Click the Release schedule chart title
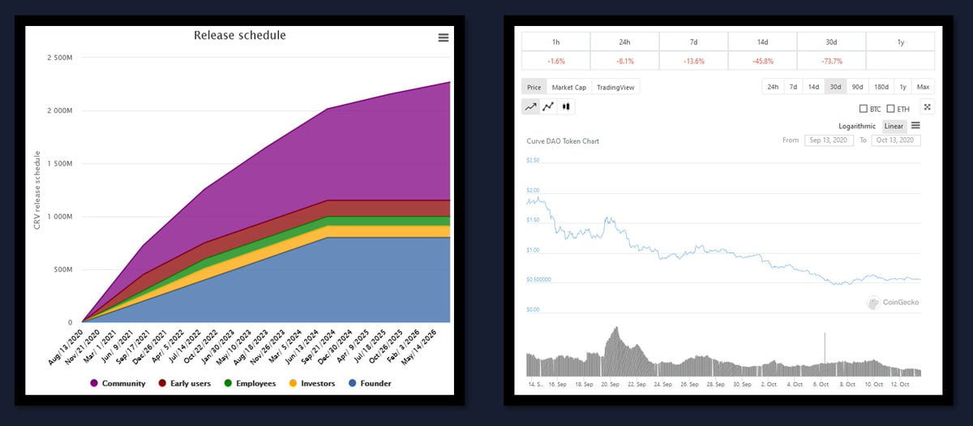coord(239,36)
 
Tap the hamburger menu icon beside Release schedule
coord(444,37)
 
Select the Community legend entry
coord(118,383)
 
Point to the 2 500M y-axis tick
coord(60,58)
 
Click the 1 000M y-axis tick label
coord(60,217)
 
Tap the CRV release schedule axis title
coord(37,190)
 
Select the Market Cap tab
coord(568,87)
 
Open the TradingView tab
coord(616,87)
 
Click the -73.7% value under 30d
coord(831,61)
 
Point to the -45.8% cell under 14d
coord(762,61)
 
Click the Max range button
coord(923,87)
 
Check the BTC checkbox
coord(864,109)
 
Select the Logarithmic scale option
coord(857,126)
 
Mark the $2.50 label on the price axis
coord(533,161)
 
